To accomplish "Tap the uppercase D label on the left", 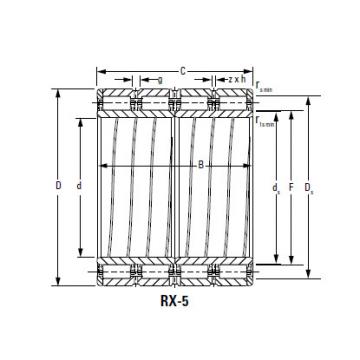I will click(58, 186).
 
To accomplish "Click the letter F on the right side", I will click(291, 186).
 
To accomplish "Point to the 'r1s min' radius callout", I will click(266, 121).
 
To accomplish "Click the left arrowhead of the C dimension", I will click(99, 69).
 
